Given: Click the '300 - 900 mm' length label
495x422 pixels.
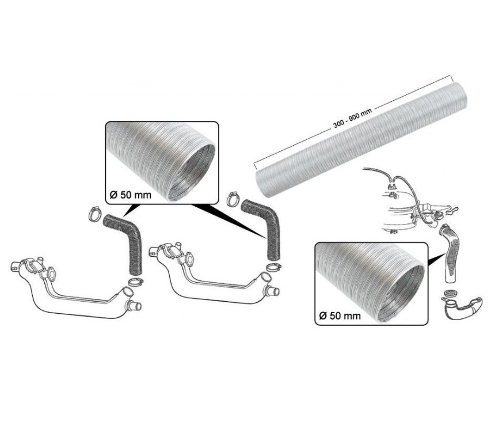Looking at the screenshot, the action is (353, 118).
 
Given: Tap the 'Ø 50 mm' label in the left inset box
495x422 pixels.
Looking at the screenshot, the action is (131, 195).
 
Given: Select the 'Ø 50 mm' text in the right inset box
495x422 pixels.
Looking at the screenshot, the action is (340, 315).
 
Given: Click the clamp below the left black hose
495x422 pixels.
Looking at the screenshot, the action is (136, 281).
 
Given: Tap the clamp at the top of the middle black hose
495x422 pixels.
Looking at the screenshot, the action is (234, 199).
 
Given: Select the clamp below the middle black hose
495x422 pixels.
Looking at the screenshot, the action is (273, 267).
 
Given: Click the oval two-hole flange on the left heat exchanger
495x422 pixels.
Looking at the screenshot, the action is (51, 272).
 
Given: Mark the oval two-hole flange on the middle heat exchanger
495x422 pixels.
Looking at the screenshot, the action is (189, 258).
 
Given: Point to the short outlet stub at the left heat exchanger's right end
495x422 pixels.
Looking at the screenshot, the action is (134, 306).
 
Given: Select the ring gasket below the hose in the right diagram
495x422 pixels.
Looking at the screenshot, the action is (451, 294).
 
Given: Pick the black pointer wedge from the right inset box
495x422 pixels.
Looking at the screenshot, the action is (436, 258).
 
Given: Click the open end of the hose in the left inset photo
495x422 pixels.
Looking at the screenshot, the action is (192, 172).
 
